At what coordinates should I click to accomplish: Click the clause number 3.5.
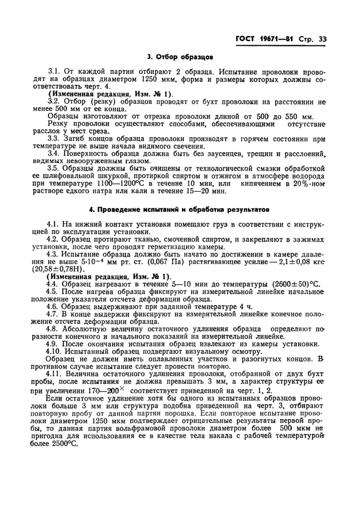click(54, 168)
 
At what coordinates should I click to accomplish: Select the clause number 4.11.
click(56, 379)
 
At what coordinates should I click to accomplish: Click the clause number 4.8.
click(53, 328)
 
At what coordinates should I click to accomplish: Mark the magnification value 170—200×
click(105, 391)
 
